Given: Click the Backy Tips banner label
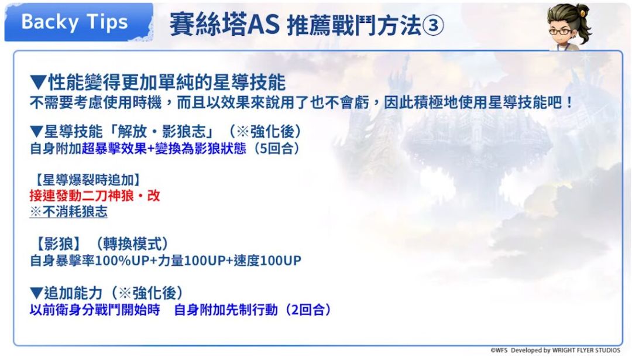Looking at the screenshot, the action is [x=74, y=22].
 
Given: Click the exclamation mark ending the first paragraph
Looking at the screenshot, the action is [x=569, y=102].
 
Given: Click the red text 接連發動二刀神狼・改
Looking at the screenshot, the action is [x=95, y=196].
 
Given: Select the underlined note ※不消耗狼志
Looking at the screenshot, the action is [x=68, y=212].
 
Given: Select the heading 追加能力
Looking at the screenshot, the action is [x=73, y=293].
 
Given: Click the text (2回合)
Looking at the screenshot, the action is [x=307, y=310].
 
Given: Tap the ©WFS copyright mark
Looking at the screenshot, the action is [x=499, y=350].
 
